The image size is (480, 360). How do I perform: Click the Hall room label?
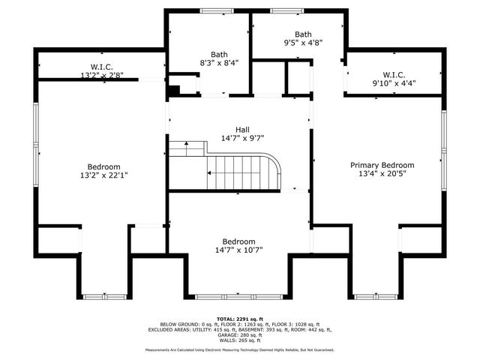coord(242,128)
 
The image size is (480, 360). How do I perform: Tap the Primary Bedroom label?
coord(382,165)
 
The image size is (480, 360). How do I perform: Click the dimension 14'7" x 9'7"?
coord(242,138)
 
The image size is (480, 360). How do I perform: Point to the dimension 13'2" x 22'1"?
coord(103,175)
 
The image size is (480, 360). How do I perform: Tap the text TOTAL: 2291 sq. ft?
coord(240,319)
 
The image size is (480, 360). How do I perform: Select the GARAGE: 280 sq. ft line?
coord(240,334)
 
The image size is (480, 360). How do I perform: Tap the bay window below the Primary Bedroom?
coord(375,297)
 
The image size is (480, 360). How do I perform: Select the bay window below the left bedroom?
coord(103,297)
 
